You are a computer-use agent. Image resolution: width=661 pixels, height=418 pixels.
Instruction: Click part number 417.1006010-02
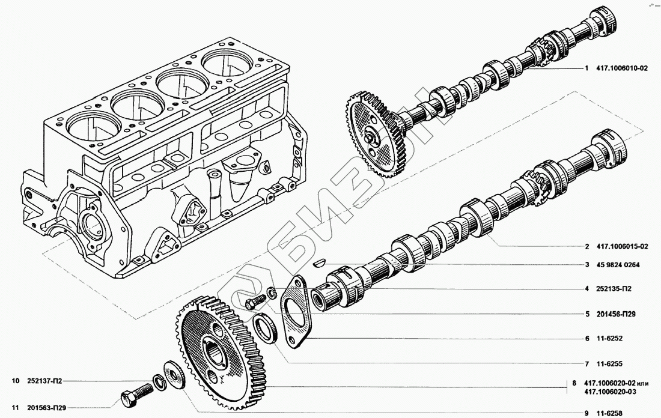point(622,68)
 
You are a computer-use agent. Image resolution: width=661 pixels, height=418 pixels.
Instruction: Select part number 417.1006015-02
point(622,246)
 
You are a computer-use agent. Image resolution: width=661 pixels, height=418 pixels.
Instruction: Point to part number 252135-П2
point(614,289)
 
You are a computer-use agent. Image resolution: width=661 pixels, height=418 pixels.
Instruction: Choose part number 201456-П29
point(616,314)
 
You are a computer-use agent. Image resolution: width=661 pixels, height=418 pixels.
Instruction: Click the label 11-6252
point(609,338)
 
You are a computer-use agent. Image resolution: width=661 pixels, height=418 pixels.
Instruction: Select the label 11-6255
point(609,364)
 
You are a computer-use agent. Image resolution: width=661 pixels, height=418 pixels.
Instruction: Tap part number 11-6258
point(609,414)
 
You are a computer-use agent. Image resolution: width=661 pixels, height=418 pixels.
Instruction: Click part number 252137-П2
point(44,381)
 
